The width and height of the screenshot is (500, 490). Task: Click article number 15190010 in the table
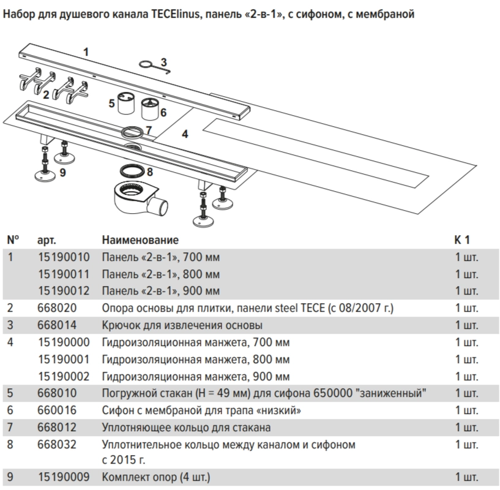(64, 257)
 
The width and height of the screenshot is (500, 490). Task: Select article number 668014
(57, 325)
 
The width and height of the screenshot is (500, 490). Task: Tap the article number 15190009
(64, 477)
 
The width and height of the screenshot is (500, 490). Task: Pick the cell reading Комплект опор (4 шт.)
(156, 477)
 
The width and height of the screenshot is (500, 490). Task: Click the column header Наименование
(140, 240)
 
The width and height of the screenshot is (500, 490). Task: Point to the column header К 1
(462, 239)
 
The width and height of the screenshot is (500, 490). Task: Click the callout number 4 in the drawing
(185, 134)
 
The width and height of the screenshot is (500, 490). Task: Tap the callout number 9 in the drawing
(63, 172)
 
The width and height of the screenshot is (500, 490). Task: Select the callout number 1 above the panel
(86, 52)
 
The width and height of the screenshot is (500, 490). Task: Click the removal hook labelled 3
(154, 67)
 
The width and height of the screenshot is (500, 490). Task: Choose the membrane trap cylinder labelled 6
(150, 109)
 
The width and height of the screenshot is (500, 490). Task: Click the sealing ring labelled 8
(132, 171)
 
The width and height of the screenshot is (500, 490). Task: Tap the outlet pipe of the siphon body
(159, 206)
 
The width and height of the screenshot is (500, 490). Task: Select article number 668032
(57, 444)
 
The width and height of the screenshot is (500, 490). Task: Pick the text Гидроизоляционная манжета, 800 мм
(196, 360)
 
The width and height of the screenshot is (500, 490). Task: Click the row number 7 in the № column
(10, 427)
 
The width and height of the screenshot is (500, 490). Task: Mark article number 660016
(57, 410)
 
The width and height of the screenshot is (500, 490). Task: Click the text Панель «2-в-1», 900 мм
(161, 291)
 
